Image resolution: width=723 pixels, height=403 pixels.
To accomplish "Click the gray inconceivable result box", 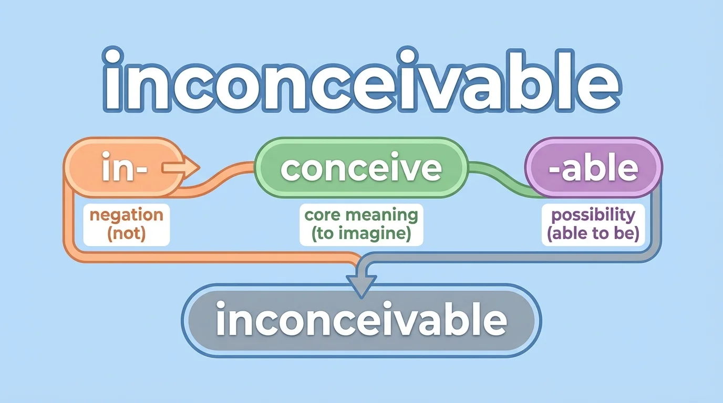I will [361, 320].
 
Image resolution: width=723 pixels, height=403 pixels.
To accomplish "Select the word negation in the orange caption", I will [126, 215].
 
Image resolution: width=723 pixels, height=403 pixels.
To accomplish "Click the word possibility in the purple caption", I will [593, 215].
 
